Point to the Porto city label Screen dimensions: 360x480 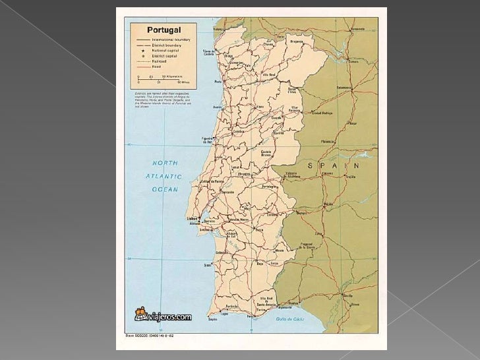click(x=218, y=83)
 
